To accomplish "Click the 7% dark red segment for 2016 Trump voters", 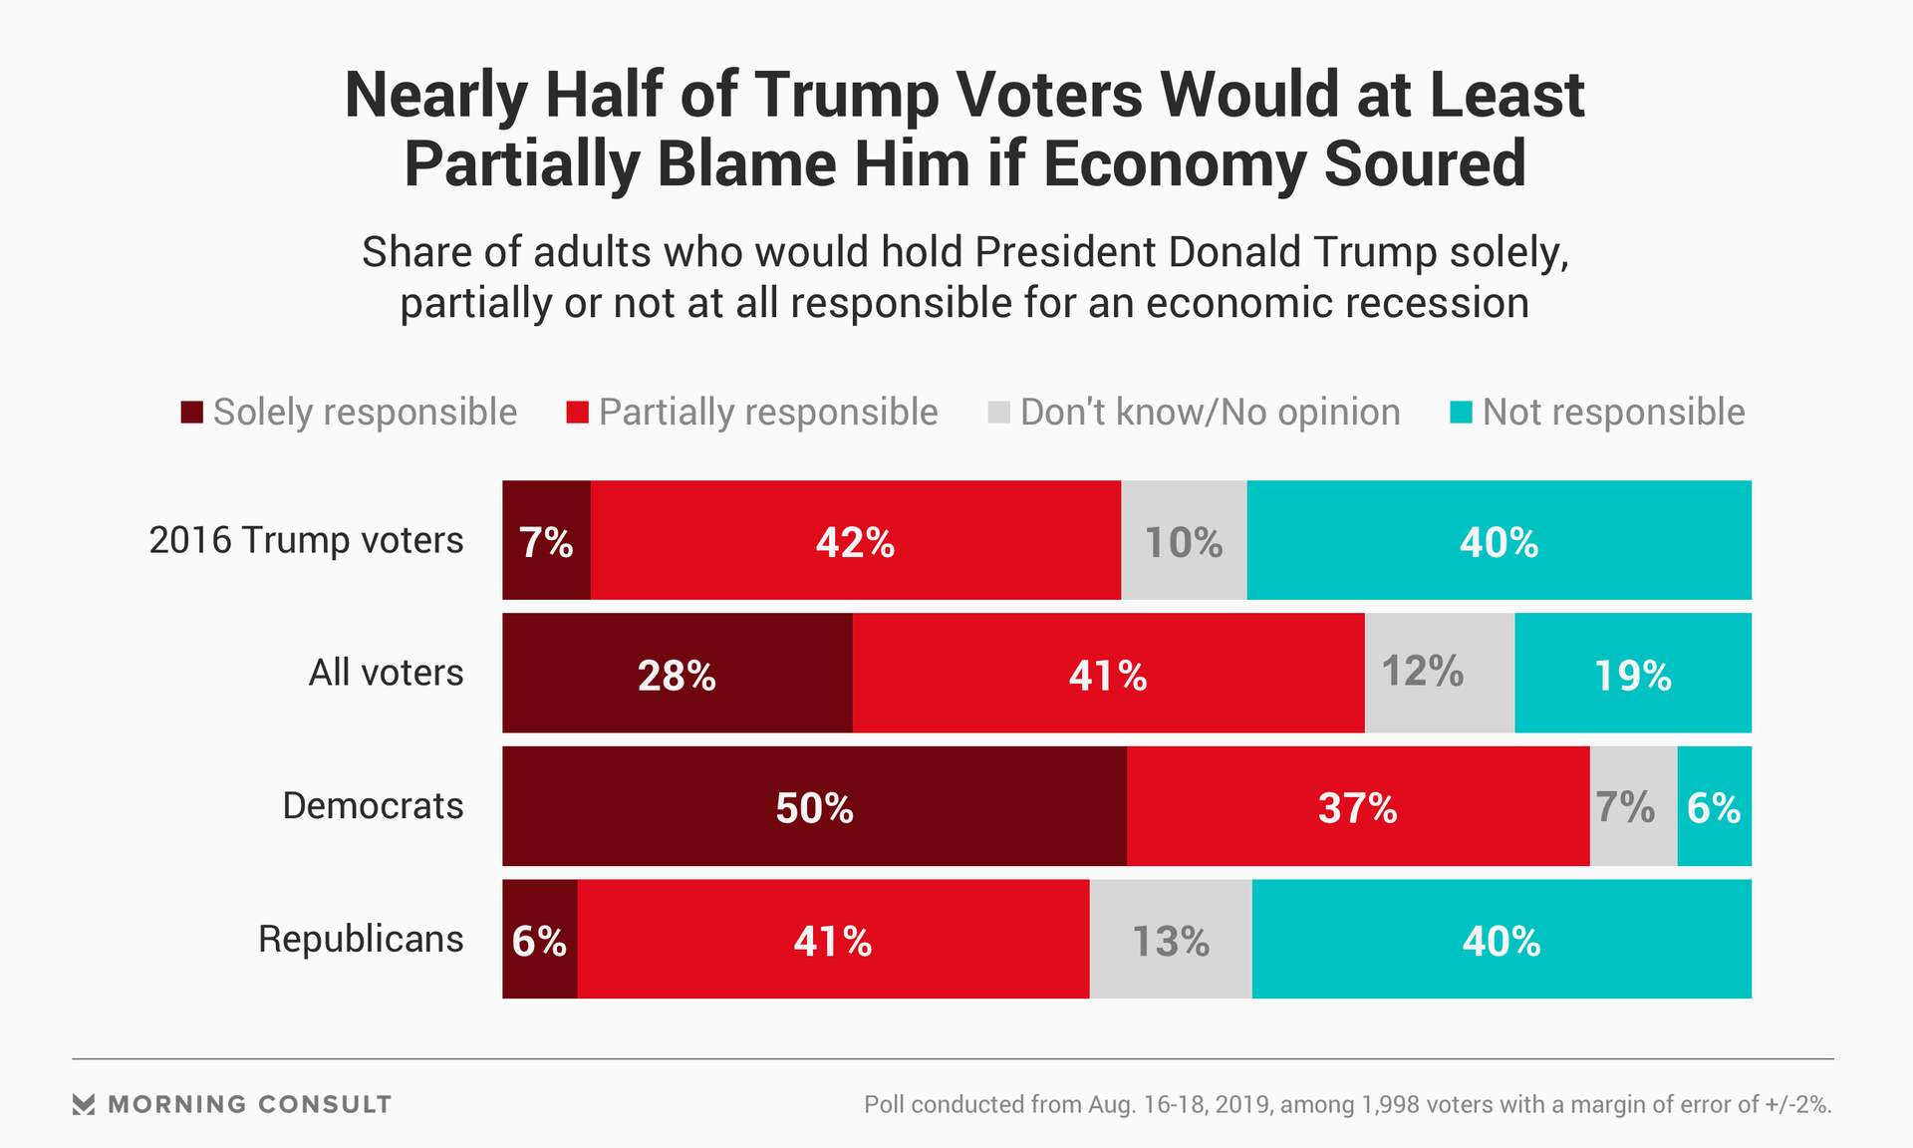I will tap(546, 540).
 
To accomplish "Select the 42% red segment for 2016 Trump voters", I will tap(856, 540).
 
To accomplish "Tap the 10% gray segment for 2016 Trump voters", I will tap(1184, 540).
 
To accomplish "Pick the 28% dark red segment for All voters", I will tap(678, 674).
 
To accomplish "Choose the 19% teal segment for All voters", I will tap(1633, 674).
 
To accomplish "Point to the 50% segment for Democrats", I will tap(814, 806).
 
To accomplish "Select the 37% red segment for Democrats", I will tap(1358, 806).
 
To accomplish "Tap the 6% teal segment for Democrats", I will tap(1715, 806).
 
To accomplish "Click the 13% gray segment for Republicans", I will tap(1171, 940).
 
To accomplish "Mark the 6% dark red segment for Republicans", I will tap(539, 940).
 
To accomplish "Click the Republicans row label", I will tap(361, 939).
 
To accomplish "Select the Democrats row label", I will tap(373, 805).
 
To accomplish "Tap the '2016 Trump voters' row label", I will tap(306, 540).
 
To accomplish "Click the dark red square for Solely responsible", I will tap(191, 412).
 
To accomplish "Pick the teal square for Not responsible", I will tap(1461, 412).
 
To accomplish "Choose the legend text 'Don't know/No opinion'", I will tap(1210, 412).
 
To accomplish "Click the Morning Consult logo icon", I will tap(84, 1104).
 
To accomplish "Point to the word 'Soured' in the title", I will tap(1425, 163).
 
